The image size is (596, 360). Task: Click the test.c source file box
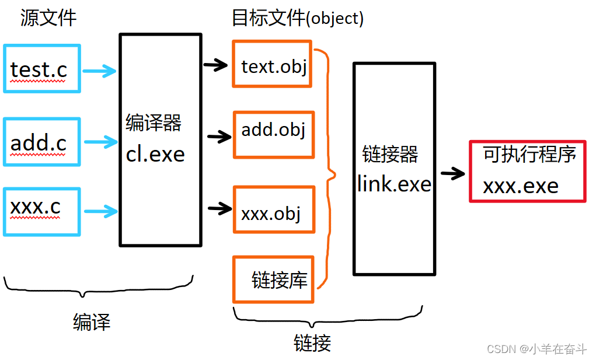pos(41,68)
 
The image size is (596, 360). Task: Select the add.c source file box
pos(41,142)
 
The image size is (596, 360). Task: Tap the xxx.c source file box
pos(41,211)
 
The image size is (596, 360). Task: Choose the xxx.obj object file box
pos(273,212)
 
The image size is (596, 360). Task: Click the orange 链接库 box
pos(273,279)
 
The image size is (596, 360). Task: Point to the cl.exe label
pos(155,154)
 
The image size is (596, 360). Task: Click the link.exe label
pos(395,184)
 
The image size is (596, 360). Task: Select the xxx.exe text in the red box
pos(520,186)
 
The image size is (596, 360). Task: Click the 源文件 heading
pos(48,18)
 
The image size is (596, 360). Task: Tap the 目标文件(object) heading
pos(298,18)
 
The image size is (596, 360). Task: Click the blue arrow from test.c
pos(100,72)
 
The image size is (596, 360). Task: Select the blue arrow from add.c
pos(100,142)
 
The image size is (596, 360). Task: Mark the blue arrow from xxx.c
pos(100,211)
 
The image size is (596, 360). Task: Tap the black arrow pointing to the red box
pos(452,173)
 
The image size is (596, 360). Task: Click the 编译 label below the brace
pos(92,321)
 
